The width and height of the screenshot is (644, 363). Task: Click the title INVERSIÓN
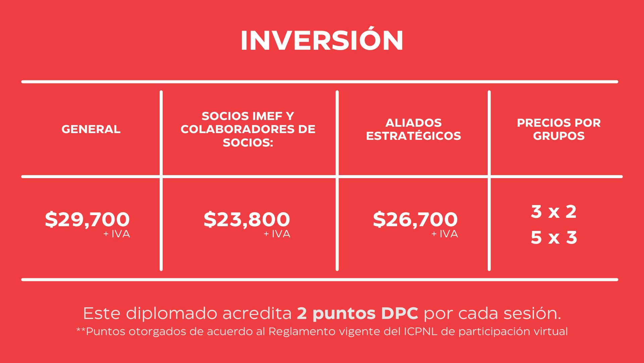(322, 40)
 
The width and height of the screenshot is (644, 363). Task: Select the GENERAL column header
(91, 129)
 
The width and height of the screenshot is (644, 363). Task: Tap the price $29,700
(87, 219)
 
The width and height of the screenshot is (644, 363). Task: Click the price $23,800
(247, 219)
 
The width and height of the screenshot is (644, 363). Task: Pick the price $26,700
(415, 219)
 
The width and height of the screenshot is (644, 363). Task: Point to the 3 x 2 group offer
(554, 211)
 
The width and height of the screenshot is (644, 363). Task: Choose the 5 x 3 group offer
(554, 237)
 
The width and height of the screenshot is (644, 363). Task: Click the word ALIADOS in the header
(414, 123)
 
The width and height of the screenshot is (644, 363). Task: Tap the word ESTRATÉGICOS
(414, 136)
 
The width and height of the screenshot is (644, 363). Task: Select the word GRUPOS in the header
(559, 136)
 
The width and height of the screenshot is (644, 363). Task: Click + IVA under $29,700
(117, 234)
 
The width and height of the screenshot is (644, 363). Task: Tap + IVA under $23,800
(277, 234)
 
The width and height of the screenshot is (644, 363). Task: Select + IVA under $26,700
(445, 234)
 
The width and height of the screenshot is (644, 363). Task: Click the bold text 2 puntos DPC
(358, 314)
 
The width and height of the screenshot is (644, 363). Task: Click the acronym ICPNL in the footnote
(421, 331)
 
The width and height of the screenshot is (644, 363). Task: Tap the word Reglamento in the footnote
(302, 332)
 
